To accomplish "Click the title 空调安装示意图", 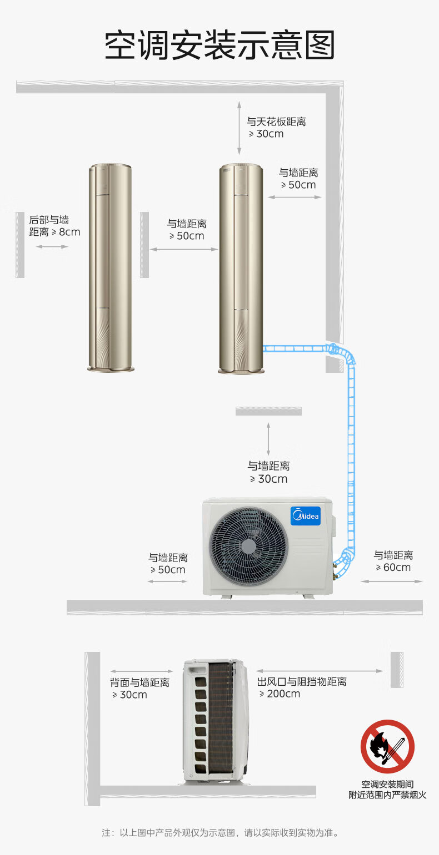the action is click(220, 45).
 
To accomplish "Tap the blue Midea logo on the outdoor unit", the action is click(305, 515).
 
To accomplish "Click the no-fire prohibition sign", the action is click(387, 747).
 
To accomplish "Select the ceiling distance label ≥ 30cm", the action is click(276, 128).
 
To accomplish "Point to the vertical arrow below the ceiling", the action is click(239, 128).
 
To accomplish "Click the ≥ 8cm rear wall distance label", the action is click(54, 226).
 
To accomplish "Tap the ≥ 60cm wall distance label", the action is click(393, 561).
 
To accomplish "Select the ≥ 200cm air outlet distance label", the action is click(302, 687).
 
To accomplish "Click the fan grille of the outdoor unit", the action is click(248, 546).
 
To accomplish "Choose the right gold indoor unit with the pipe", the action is click(241, 269).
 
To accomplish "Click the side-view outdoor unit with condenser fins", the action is click(216, 721).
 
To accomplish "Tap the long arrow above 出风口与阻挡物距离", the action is click(320, 671).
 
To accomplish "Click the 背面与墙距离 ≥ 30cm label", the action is click(139, 688).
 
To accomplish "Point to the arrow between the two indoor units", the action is click(183, 249).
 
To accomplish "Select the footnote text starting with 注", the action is click(220, 832).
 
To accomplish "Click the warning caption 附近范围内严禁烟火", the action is click(387, 795).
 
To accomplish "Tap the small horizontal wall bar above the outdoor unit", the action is click(268, 411).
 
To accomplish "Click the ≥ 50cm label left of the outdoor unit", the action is click(168, 563).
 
